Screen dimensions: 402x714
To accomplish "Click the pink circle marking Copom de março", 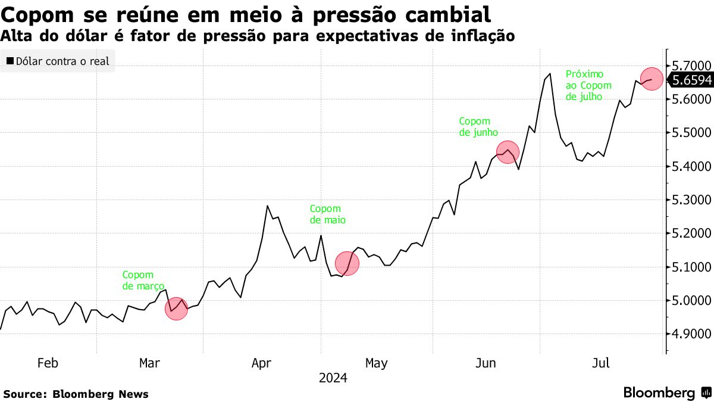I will click(176, 309).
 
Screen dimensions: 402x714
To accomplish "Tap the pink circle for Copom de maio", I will click(347, 263).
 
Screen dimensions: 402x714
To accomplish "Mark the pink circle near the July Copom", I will click(652, 79).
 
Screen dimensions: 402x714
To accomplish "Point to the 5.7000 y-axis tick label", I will click(690, 64).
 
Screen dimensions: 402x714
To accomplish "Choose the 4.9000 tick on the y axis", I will click(690, 334).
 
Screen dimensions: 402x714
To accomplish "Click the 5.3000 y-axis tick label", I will click(690, 200).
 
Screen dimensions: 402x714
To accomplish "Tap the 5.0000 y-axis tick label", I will click(690, 300).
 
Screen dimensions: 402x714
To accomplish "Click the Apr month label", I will click(262, 363).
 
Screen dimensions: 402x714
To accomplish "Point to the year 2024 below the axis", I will click(333, 378).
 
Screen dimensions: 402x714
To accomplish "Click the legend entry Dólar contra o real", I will click(58, 61).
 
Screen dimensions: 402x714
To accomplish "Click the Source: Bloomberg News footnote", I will click(76, 394).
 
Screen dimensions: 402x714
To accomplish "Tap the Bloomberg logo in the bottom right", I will click(667, 392).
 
